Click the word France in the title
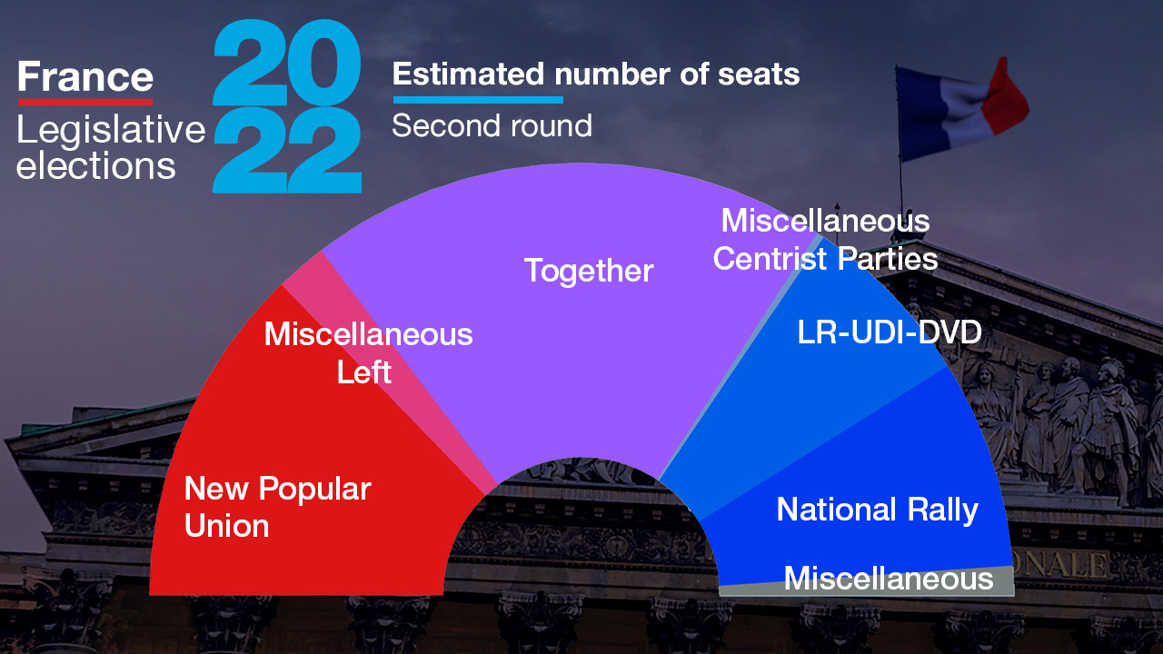[85, 76]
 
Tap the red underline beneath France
[85, 103]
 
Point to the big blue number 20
[287, 63]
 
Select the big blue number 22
[287, 151]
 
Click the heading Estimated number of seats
[596, 74]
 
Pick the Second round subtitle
[492, 125]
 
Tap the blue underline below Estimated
[478, 100]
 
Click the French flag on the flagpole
[961, 109]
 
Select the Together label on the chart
[589, 271]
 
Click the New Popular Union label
[278, 507]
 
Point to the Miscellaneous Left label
[368, 353]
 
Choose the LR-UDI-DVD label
[889, 332]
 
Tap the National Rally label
[877, 510]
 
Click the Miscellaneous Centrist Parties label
[826, 239]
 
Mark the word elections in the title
[96, 165]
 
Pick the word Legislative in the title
[111, 129]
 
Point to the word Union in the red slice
[227, 525]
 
